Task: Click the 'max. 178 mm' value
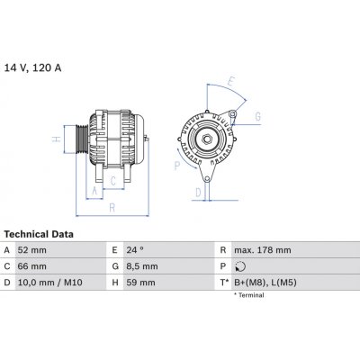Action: coord(263,249)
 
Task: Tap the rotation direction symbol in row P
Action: coord(238,267)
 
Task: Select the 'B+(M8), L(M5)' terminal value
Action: coord(266,283)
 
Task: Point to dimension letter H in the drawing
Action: coord(56,139)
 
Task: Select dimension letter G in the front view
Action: coord(256,117)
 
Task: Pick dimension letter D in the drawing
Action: coord(197,192)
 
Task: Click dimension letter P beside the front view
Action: coord(176,166)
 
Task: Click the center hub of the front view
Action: coord(205,139)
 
